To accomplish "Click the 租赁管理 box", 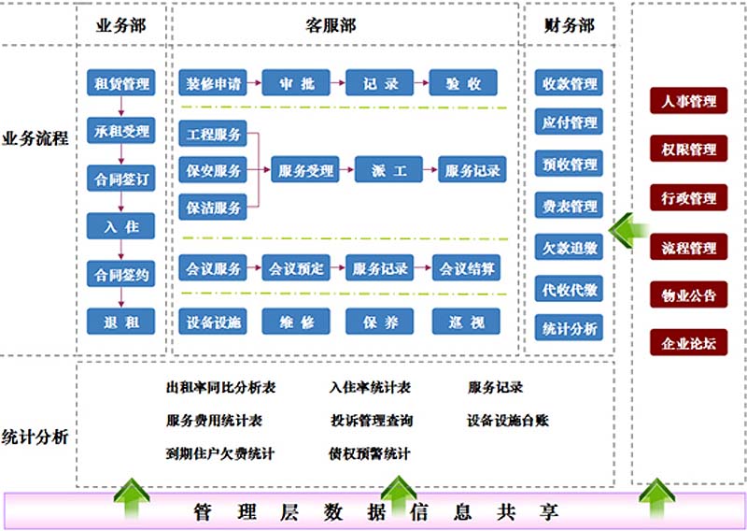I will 120,83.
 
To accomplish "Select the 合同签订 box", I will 120,178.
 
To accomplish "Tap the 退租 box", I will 120,322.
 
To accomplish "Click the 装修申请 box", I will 214,83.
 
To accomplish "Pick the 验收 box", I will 464,83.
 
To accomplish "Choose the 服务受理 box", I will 305,170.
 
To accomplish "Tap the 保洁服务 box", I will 213,206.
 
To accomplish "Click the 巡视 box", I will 466,322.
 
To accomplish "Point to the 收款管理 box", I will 570,83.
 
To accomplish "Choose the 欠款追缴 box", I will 570,248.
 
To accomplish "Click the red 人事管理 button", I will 688,101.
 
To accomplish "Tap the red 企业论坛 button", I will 688,343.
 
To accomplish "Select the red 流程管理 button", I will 688,248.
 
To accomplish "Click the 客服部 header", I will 331,25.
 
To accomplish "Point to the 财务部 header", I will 569,25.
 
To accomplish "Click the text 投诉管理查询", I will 372,420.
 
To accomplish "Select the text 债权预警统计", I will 369,453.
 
